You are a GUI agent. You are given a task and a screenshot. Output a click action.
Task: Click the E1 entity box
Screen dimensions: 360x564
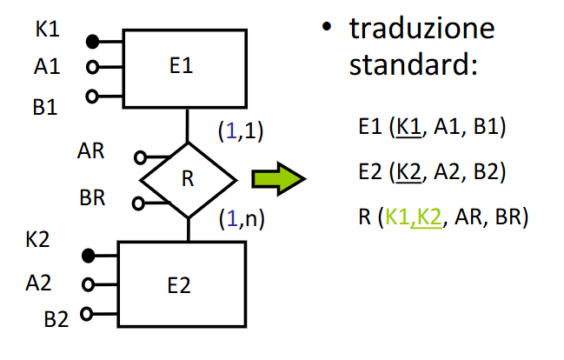tap(180, 68)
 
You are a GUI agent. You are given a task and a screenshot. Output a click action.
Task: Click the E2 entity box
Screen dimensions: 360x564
tap(182, 283)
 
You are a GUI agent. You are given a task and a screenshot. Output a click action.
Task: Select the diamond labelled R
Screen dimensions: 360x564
tap(188, 180)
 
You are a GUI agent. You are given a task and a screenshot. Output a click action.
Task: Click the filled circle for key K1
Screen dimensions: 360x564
tap(91, 40)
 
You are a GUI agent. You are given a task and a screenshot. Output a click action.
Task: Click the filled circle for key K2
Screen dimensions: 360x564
tap(87, 256)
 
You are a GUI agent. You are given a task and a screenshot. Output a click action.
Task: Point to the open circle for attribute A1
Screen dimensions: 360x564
tap(91, 67)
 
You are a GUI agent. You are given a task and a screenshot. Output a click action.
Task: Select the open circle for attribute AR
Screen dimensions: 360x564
tap(139, 158)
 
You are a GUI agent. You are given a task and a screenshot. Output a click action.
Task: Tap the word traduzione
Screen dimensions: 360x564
tap(421, 29)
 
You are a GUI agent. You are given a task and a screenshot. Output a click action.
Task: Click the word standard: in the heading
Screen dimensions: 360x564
tap(414, 65)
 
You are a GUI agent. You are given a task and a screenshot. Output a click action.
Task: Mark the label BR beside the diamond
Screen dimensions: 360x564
tap(92, 197)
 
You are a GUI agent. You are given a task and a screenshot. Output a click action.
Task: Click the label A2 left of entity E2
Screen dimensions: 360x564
tap(39, 281)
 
